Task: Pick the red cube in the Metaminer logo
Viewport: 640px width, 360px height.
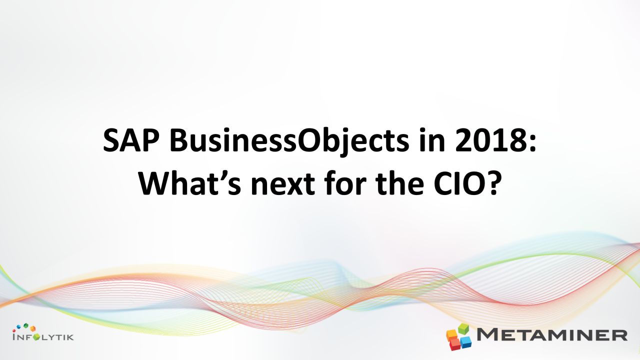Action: pos(455,345)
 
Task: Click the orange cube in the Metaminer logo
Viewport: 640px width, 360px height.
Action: pos(452,334)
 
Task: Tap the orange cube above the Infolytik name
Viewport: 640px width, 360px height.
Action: pos(33,328)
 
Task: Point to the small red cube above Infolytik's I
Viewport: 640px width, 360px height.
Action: pos(14,330)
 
